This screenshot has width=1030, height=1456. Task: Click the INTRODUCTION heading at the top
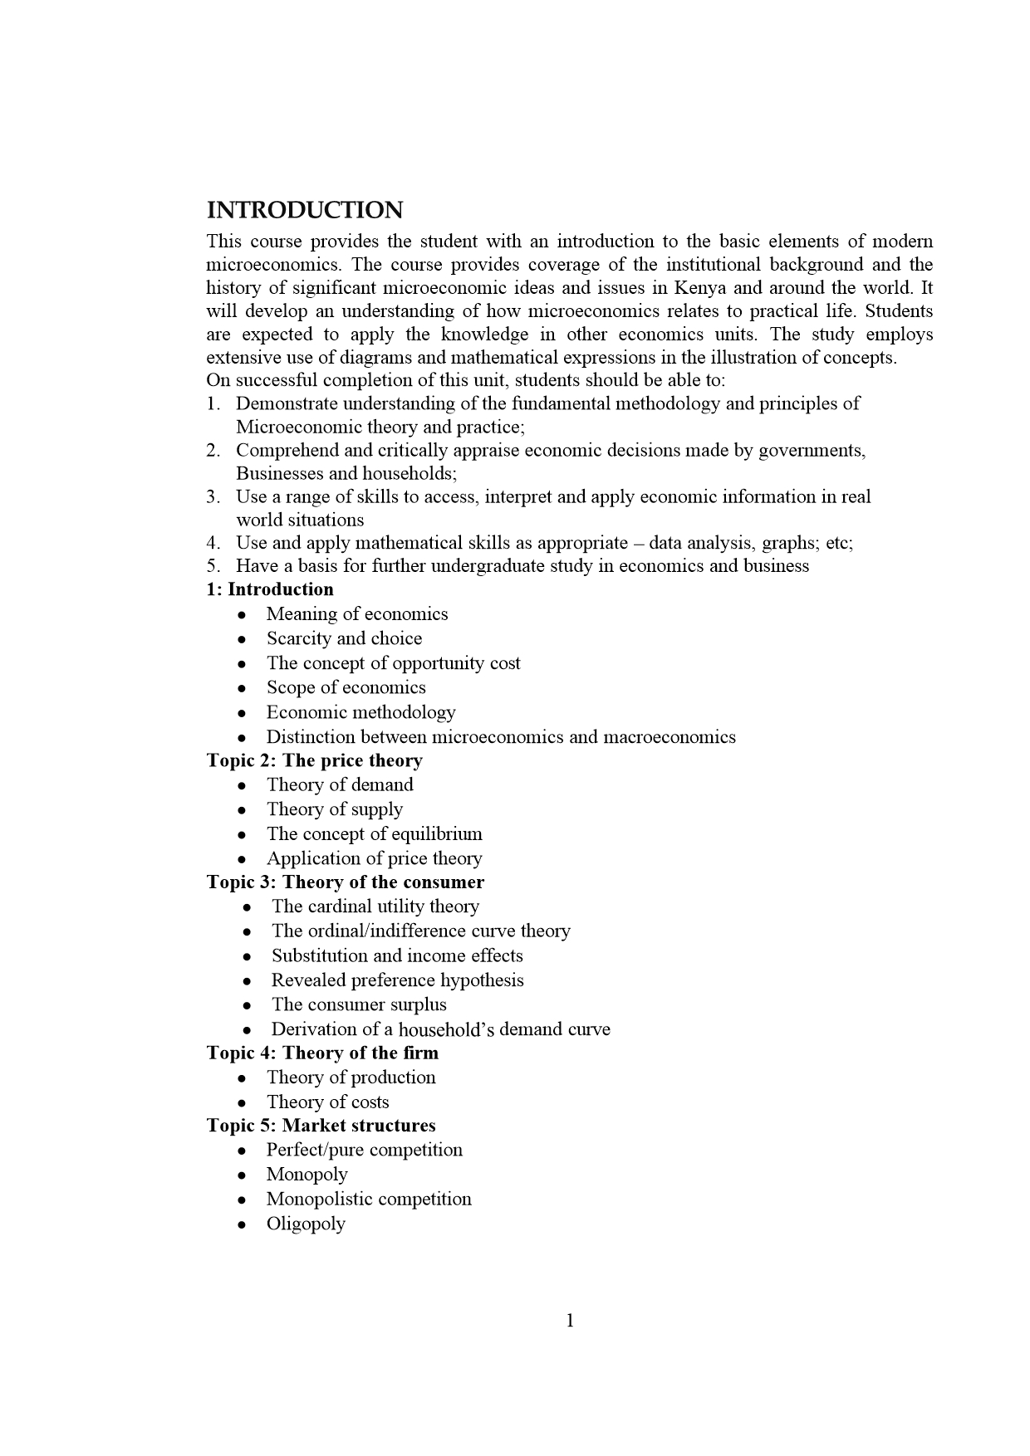tap(305, 210)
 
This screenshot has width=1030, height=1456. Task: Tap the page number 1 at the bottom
tap(570, 1320)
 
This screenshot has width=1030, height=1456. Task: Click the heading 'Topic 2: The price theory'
tap(314, 760)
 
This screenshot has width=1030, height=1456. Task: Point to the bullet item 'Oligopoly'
tap(306, 1224)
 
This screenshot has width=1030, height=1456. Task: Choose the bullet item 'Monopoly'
tap(307, 1175)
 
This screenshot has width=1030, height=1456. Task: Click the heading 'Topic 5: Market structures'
tap(321, 1126)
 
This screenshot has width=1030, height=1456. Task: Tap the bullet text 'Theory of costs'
tap(327, 1102)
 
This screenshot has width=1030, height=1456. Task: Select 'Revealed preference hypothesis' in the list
tap(397, 980)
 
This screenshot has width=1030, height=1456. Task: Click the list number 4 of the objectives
tap(213, 543)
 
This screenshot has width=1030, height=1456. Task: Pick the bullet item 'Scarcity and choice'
tap(344, 638)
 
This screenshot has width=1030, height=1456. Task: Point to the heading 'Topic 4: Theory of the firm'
tap(322, 1053)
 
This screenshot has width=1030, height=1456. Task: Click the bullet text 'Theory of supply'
tap(334, 809)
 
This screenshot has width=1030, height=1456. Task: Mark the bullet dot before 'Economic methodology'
tap(241, 713)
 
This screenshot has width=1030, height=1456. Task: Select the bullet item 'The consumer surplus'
tap(359, 1004)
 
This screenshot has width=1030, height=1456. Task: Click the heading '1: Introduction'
tap(270, 589)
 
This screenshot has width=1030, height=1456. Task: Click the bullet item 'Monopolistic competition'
tap(369, 1199)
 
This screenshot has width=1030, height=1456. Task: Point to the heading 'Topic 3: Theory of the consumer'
tap(345, 882)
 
